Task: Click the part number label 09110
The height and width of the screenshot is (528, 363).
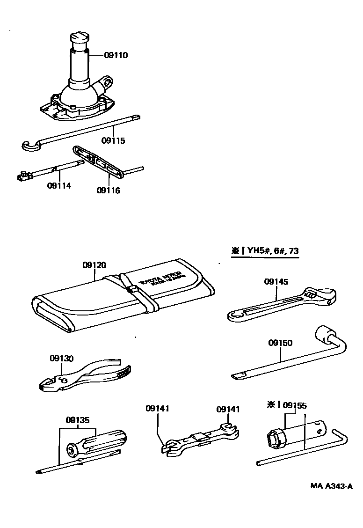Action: (x=115, y=55)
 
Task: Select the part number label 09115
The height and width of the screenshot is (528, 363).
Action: (x=114, y=140)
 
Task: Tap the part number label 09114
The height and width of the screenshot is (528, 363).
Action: (x=59, y=185)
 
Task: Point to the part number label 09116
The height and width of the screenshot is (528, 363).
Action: (x=109, y=190)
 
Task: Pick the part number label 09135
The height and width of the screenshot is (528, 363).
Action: (x=78, y=420)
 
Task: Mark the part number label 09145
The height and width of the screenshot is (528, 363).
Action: (x=276, y=282)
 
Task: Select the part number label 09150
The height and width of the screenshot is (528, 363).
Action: (x=280, y=343)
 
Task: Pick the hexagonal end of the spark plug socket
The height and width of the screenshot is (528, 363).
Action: (x=272, y=439)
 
